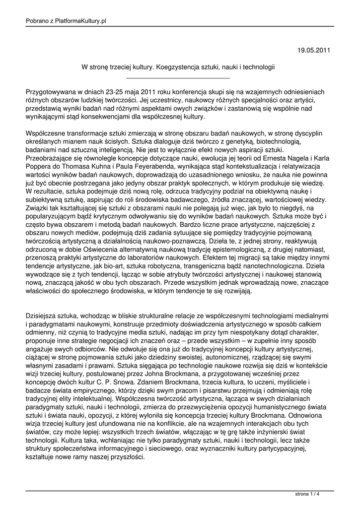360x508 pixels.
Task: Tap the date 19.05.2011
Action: point(313,50)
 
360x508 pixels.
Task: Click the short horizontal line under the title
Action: point(178,78)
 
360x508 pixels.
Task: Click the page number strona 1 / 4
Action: point(307,495)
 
